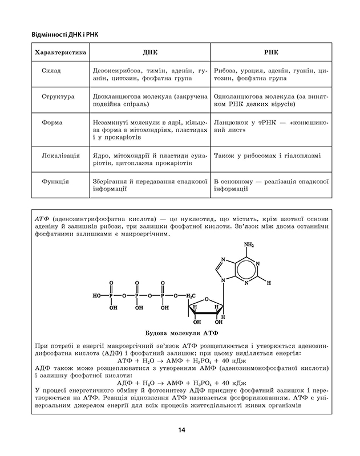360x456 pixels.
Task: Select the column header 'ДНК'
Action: tap(150, 52)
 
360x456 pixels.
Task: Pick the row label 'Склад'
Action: tap(51, 70)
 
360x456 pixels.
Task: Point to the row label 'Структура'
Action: tap(58, 96)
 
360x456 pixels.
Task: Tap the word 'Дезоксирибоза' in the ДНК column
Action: tap(118, 70)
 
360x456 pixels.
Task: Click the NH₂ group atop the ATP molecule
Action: tap(248, 245)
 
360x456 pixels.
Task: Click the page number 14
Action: tap(180, 430)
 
